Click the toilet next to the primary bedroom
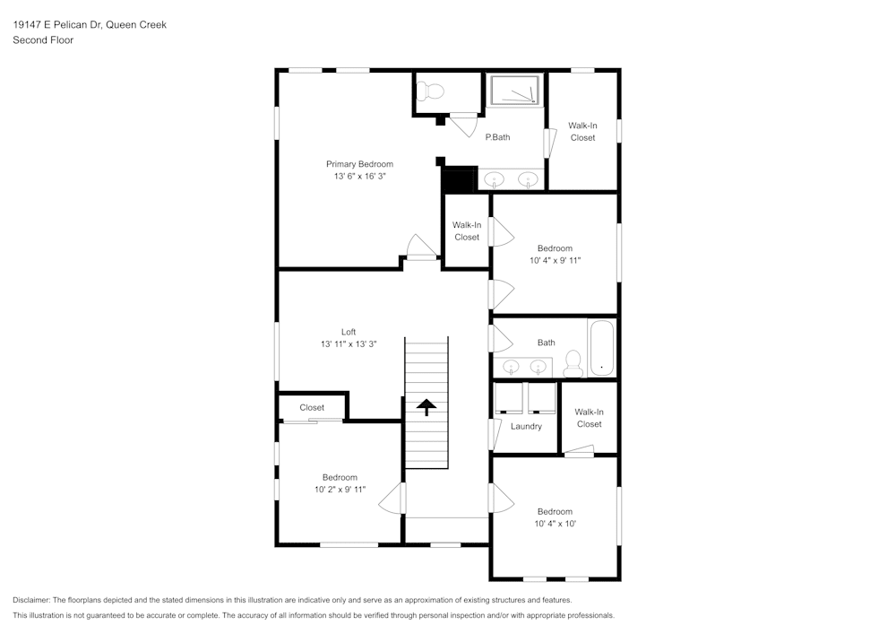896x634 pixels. pyautogui.click(x=433, y=91)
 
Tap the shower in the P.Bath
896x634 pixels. pyautogui.click(x=515, y=91)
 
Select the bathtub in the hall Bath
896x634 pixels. pyautogui.click(x=601, y=348)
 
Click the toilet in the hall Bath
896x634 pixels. pyautogui.click(x=573, y=362)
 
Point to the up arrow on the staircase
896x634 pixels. pyautogui.click(x=426, y=407)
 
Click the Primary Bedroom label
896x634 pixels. pyautogui.click(x=359, y=164)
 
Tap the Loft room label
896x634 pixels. pyautogui.click(x=349, y=332)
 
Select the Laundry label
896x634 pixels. pyautogui.click(x=526, y=426)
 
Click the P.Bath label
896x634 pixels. pyautogui.click(x=497, y=137)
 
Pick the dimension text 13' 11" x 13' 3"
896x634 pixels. pyautogui.click(x=349, y=344)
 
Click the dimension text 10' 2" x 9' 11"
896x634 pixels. pyautogui.click(x=340, y=490)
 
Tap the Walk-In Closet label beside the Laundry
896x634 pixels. pyautogui.click(x=589, y=418)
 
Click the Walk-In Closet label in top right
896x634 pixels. pyautogui.click(x=582, y=132)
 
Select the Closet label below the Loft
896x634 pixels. pyautogui.click(x=312, y=407)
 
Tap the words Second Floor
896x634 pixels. pyautogui.click(x=43, y=40)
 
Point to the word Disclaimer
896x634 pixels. pyautogui.click(x=31, y=600)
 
